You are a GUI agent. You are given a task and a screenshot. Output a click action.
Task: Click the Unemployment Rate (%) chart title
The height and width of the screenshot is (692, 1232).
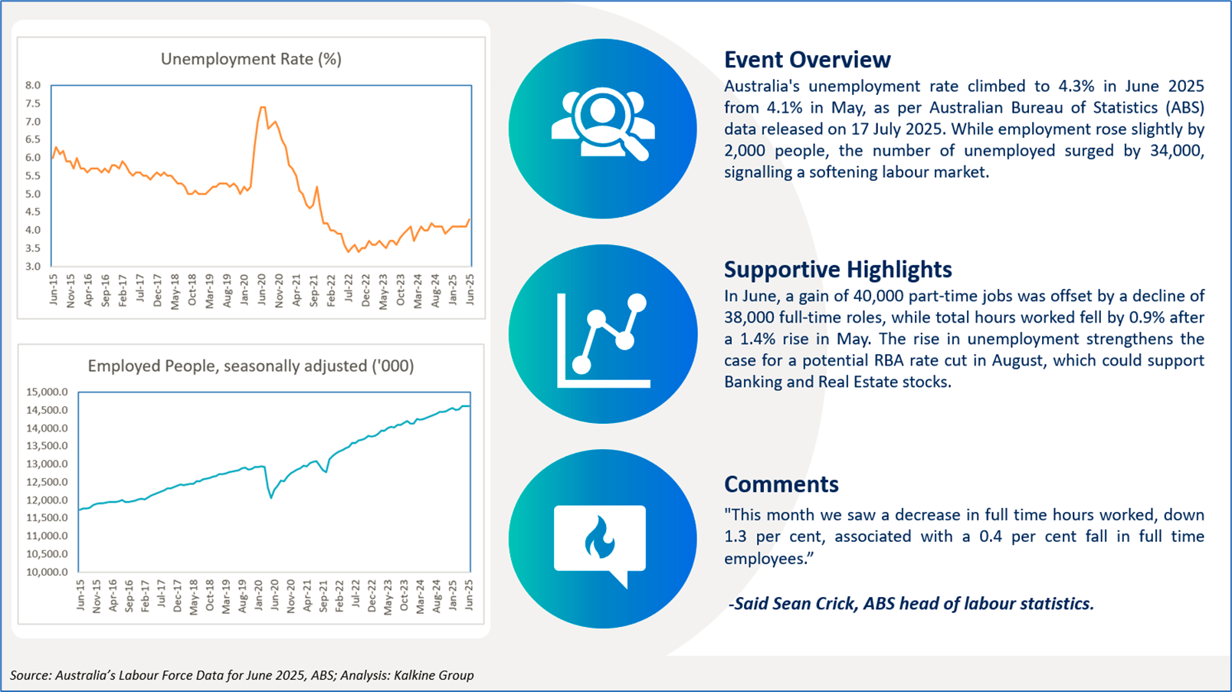click(251, 59)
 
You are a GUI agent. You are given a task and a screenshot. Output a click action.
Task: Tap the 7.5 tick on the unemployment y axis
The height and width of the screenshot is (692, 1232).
click(33, 103)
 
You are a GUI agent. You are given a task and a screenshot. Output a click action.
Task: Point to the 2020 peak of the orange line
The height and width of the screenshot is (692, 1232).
click(262, 107)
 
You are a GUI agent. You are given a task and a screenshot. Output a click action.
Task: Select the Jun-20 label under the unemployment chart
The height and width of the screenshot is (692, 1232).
click(262, 289)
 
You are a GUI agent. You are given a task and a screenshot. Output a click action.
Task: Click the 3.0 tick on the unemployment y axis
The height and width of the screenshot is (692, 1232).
click(33, 266)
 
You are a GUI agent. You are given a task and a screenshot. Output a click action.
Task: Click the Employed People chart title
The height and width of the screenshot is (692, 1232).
click(251, 366)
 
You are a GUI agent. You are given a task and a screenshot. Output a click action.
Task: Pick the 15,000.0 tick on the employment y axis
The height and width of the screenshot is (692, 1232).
click(47, 392)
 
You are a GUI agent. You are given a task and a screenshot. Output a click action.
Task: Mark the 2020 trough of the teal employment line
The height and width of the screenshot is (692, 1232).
click(271, 498)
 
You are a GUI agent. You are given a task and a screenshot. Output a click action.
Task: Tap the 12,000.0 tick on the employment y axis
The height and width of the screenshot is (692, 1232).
click(47, 500)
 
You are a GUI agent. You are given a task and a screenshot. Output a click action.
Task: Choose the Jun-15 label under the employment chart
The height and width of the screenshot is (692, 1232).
click(81, 595)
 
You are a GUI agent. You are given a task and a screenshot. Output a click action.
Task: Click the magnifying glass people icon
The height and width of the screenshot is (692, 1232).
click(603, 124)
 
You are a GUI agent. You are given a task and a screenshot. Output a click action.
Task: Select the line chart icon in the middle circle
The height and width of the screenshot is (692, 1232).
click(603, 340)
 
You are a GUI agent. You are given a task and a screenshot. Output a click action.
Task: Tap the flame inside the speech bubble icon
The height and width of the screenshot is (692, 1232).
click(599, 537)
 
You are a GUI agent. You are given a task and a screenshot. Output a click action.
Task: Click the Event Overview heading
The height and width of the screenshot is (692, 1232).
click(807, 60)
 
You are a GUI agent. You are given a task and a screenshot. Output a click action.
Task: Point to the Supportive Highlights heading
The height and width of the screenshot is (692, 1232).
click(837, 270)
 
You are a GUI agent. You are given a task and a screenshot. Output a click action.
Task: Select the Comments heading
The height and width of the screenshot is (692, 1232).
click(781, 484)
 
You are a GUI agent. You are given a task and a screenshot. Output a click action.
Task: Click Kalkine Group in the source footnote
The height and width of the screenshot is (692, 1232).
click(434, 675)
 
